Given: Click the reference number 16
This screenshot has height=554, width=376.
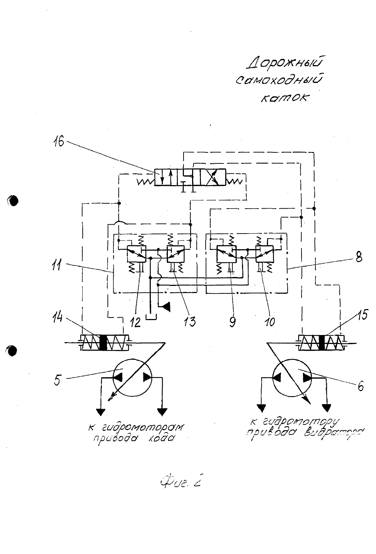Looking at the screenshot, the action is tap(59, 142).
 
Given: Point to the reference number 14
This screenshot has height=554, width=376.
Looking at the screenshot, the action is tap(57, 319).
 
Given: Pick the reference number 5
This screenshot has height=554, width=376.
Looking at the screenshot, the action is tap(57, 380).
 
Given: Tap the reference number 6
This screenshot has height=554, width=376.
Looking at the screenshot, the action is tap(361, 386).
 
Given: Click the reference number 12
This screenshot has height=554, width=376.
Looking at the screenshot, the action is tap(135, 322).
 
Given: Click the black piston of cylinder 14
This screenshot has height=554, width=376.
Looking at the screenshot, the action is tap(103, 343).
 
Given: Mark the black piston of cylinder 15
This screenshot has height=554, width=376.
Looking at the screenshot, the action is tap(322, 343).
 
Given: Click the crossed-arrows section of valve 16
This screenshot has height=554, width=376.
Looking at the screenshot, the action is tap(213, 177).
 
